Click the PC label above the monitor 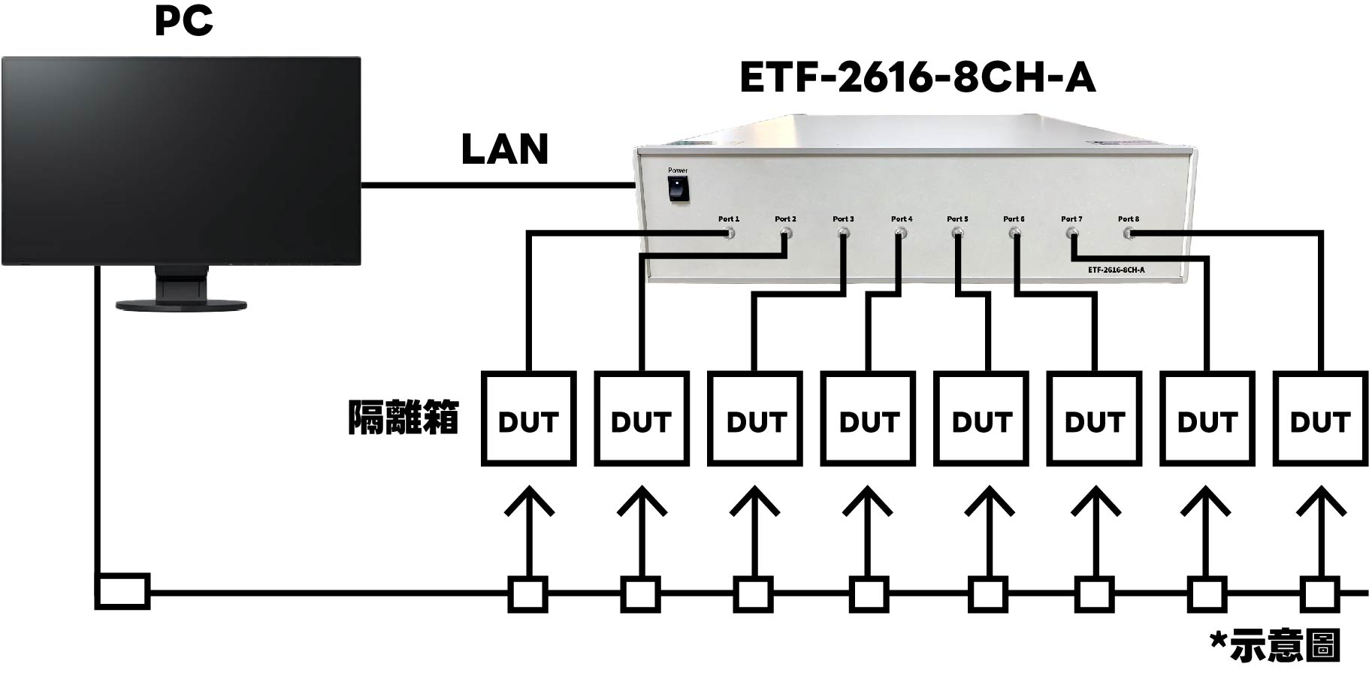pyautogui.click(x=184, y=21)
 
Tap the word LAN pyautogui.click(x=504, y=149)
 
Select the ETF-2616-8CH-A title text pyautogui.click(x=917, y=78)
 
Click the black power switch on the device pyautogui.click(x=678, y=188)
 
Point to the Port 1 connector pyautogui.click(x=729, y=234)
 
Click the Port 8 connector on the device pyautogui.click(x=1129, y=234)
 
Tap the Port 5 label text pyautogui.click(x=957, y=219)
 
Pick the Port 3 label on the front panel pyautogui.click(x=843, y=219)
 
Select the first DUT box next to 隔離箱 pyautogui.click(x=528, y=418)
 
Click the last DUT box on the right pyautogui.click(x=1319, y=418)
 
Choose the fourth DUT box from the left pyautogui.click(x=868, y=418)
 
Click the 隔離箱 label pyautogui.click(x=403, y=418)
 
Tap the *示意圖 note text pyautogui.click(x=1275, y=646)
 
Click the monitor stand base pyautogui.click(x=181, y=304)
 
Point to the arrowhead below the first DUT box pyautogui.click(x=529, y=499)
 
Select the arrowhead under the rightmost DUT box pyautogui.click(x=1321, y=499)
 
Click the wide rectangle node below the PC pyautogui.click(x=122, y=591)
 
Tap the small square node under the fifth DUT pyautogui.click(x=987, y=594)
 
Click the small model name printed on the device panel pyautogui.click(x=1116, y=270)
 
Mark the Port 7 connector pyautogui.click(x=1071, y=234)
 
